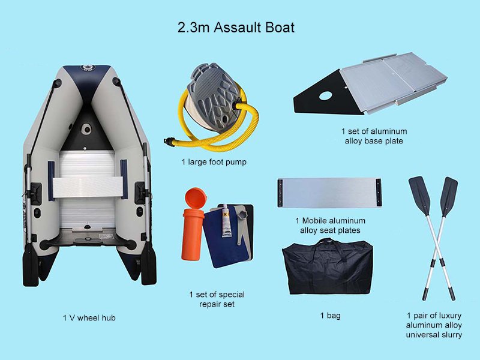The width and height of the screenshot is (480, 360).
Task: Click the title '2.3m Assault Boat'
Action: pos(236,28)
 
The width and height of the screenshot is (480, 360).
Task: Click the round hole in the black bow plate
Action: pos(324,95)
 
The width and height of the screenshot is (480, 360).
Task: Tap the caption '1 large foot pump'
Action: pos(214,162)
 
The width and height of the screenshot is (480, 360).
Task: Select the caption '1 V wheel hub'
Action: pos(89,318)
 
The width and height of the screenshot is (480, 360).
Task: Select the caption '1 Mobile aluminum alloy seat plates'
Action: pos(331,226)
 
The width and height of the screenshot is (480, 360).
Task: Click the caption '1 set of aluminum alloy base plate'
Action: pos(374,136)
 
